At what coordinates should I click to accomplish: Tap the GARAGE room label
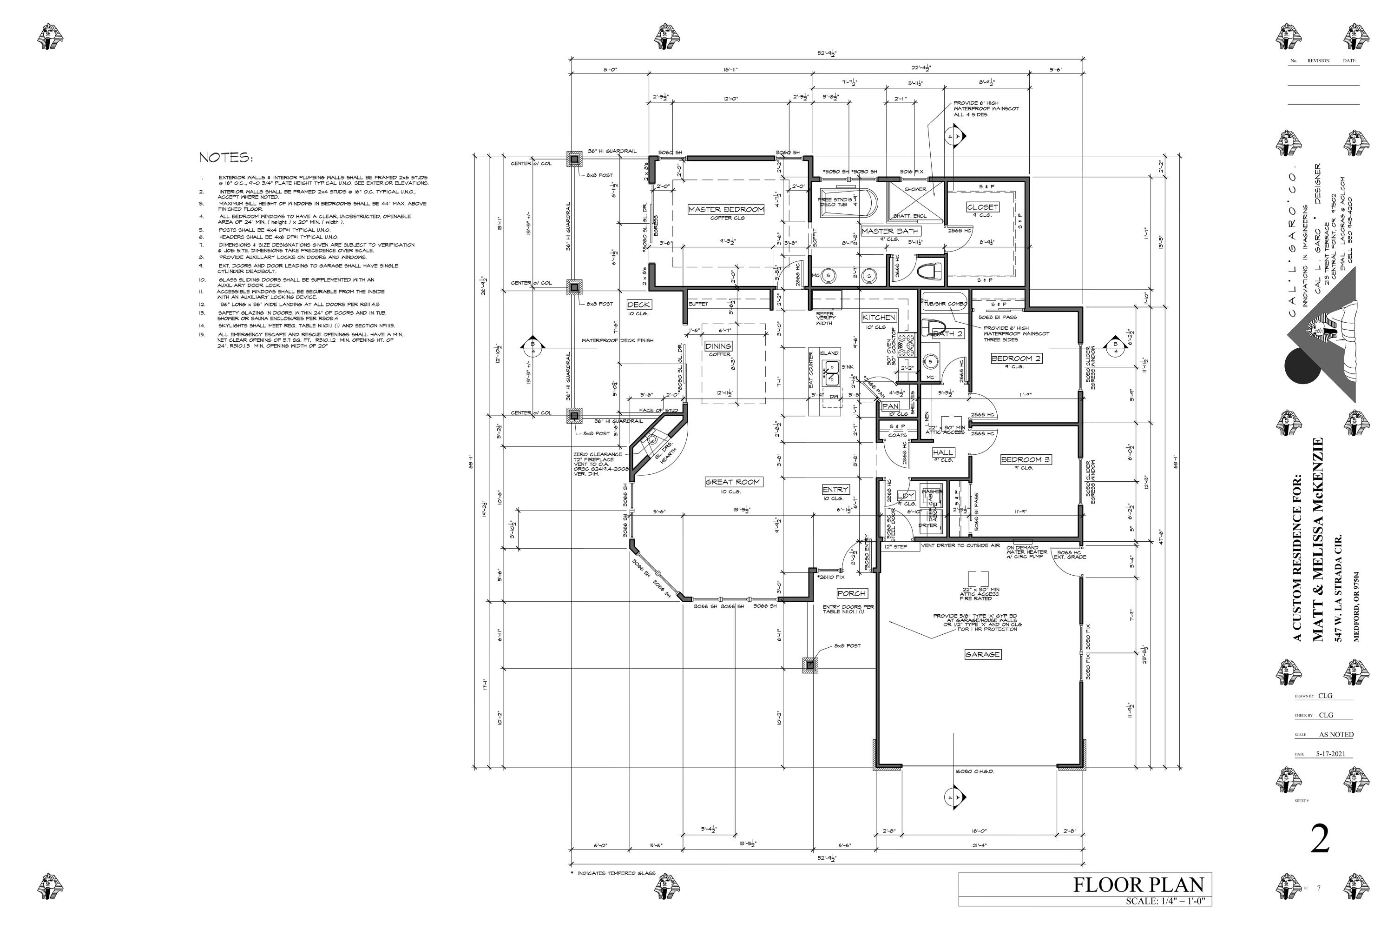(982, 654)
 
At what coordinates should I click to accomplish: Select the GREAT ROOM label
(733, 482)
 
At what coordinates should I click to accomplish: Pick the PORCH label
(851, 593)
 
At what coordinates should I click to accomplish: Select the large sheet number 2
(1320, 839)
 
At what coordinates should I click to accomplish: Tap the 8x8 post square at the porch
(809, 665)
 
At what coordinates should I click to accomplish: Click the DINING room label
(718, 346)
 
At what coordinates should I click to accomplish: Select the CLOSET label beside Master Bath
(982, 207)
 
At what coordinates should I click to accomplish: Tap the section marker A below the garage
(953, 798)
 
